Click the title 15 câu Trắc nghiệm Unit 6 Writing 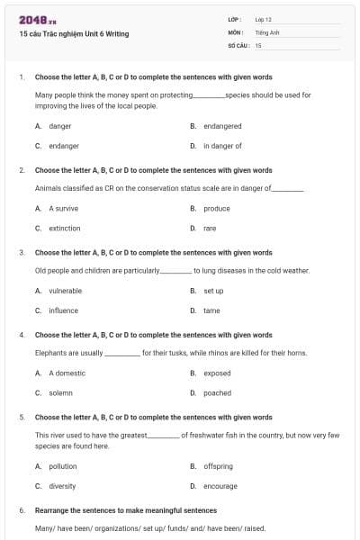[x=74, y=34]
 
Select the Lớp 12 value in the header [x=263, y=19]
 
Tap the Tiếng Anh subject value [x=265, y=31]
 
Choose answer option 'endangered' [x=222, y=127]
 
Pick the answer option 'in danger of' [x=222, y=145]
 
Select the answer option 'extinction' [x=65, y=229]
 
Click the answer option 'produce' [x=217, y=208]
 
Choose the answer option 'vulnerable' [x=65, y=291]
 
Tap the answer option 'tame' [x=211, y=310]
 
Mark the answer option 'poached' [x=217, y=392]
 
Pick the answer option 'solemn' [x=60, y=392]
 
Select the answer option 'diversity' [x=62, y=486]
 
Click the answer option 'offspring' [x=218, y=466]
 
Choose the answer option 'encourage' [x=220, y=486]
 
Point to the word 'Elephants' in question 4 [x=51, y=353]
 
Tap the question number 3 [x=22, y=253]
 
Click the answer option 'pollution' [x=63, y=466]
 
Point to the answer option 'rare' [x=210, y=229]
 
